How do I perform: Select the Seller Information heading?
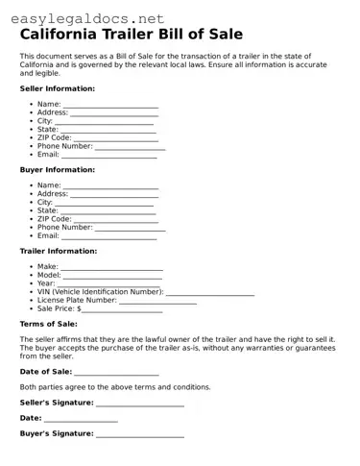point(57,88)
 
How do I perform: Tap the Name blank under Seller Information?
point(110,105)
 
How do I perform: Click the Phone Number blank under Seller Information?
point(130,147)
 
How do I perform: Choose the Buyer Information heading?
point(56,169)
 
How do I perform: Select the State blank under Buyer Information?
point(108,211)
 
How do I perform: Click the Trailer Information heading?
point(58,251)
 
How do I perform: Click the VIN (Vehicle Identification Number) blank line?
point(210,293)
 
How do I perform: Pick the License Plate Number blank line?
point(157,302)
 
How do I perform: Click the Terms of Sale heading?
point(49,325)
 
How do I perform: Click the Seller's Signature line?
point(139,404)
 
